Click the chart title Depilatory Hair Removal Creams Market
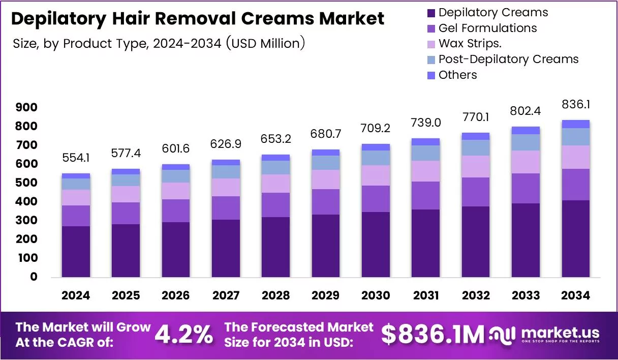click(198, 19)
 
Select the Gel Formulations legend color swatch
click(431, 28)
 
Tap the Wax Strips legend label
click(470, 44)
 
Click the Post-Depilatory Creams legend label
click(508, 59)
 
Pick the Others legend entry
click(457, 75)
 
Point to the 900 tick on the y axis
click(26, 107)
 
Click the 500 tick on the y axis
click(26, 183)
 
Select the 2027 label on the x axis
click(226, 295)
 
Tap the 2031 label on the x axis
click(426, 295)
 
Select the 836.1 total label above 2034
click(575, 104)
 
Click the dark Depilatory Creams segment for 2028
click(275, 247)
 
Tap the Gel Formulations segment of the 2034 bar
click(575, 185)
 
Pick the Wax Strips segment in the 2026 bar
click(176, 191)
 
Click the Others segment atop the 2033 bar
click(526, 130)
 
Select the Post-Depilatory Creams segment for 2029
click(326, 163)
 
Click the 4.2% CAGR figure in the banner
click(183, 335)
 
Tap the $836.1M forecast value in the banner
click(433, 335)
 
